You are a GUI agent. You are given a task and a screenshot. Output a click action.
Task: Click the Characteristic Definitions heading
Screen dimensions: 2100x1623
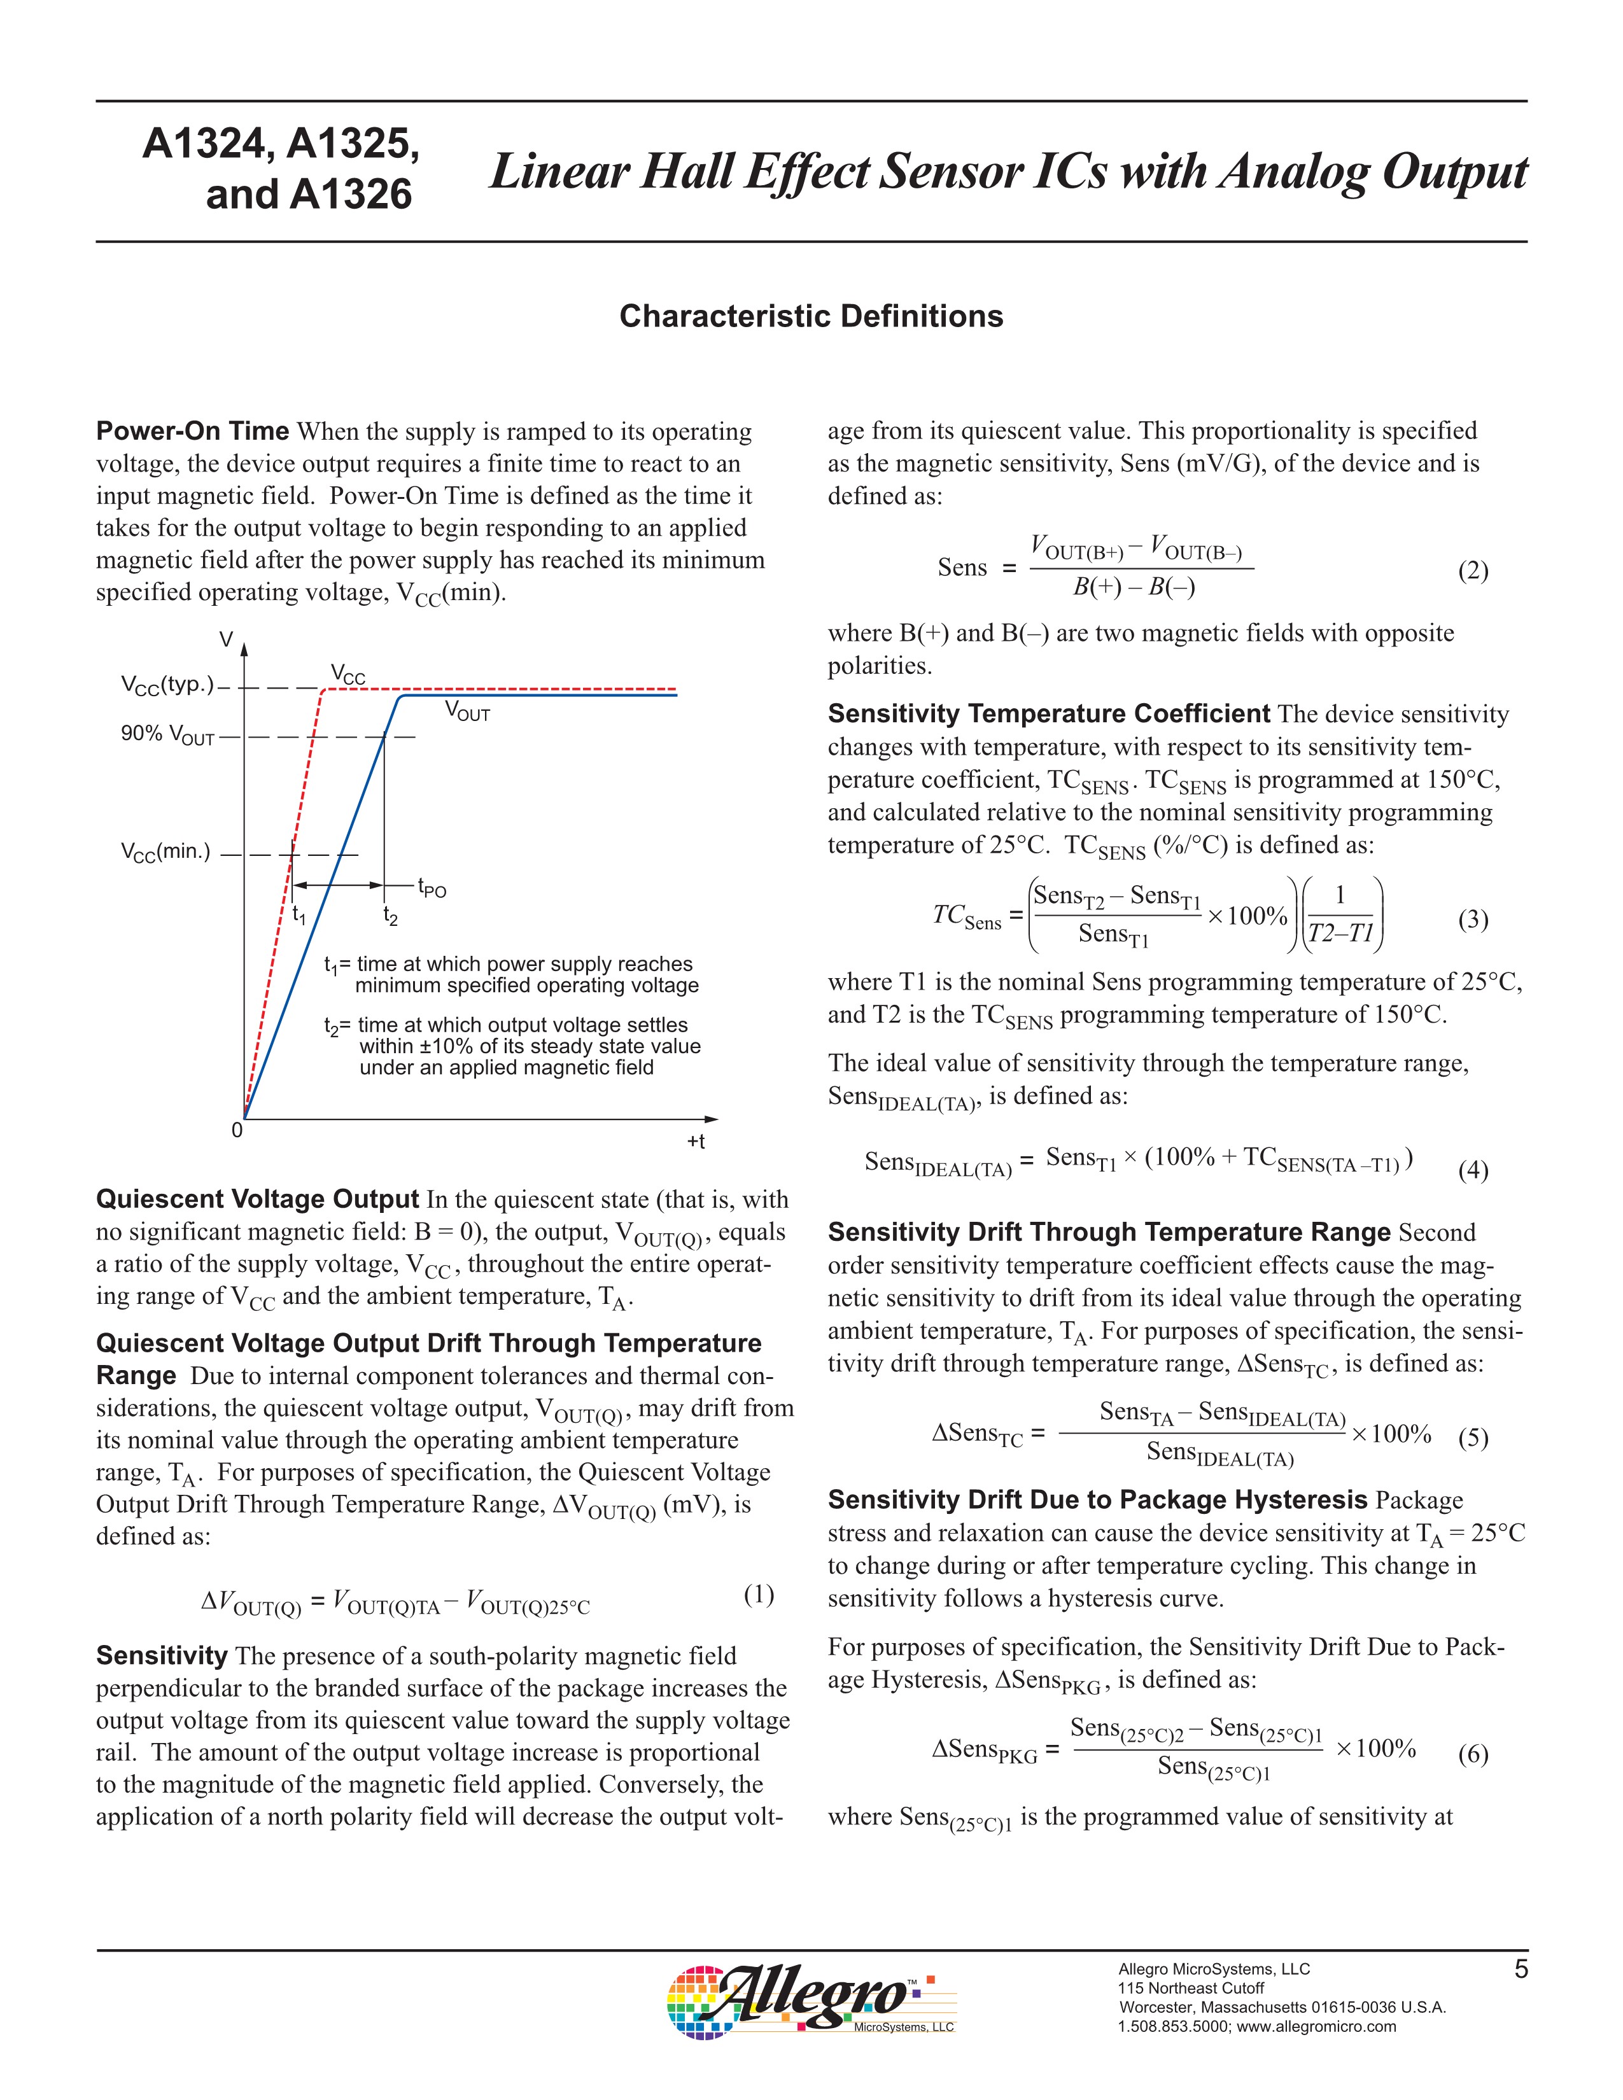810,316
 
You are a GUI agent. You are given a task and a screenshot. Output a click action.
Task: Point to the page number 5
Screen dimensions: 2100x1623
1520,1970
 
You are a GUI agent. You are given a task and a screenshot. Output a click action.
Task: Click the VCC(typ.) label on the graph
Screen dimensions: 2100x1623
168,685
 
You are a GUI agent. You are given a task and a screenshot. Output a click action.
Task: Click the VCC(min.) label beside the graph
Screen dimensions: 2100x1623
165,853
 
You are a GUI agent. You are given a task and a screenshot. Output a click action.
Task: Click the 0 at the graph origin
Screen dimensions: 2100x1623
237,1131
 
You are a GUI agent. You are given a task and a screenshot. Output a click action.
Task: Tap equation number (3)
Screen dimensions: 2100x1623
1473,920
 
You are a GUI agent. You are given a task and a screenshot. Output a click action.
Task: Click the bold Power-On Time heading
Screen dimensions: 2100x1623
192,431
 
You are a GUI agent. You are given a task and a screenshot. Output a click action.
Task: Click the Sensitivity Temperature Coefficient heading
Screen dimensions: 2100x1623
1049,713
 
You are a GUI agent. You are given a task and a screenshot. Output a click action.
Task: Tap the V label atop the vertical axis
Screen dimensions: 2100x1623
226,640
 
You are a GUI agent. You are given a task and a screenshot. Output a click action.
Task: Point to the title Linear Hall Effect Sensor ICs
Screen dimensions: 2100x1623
1008,172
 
